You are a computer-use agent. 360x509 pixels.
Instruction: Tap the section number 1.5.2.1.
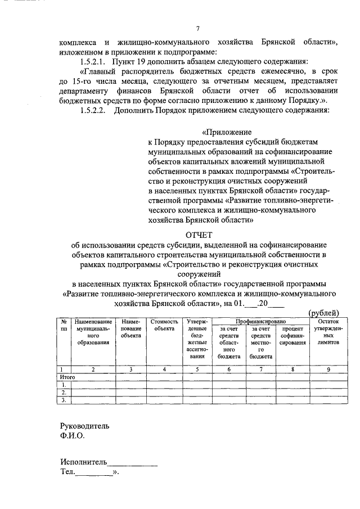coord(93,61)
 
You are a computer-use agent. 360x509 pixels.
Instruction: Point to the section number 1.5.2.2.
coord(93,110)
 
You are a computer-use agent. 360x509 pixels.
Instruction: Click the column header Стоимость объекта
coord(164,325)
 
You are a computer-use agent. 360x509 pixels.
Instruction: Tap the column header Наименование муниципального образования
coord(93,332)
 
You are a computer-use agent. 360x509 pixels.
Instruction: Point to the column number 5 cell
coord(196,369)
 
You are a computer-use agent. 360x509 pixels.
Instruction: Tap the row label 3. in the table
coord(64,400)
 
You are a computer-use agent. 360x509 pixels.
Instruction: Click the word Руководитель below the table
coord(85,426)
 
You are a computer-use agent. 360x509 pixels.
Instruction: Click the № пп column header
coord(64,325)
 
